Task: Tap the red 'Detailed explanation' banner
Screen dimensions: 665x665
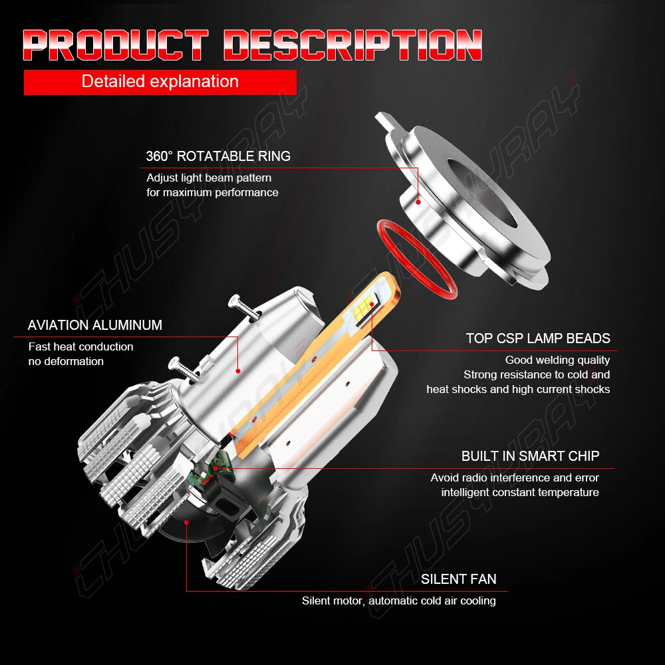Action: pos(160,82)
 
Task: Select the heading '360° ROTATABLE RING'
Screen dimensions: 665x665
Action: pos(218,157)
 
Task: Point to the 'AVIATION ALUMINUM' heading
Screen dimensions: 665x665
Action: pos(95,325)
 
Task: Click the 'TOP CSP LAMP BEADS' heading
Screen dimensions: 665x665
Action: pos(538,338)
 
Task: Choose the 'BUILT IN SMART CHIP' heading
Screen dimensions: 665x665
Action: pos(530,456)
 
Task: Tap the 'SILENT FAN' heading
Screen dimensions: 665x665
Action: pos(458,579)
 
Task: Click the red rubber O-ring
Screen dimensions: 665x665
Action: pos(417,256)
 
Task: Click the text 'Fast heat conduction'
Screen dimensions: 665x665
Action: pos(80,346)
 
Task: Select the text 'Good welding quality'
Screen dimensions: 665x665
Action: pos(557,360)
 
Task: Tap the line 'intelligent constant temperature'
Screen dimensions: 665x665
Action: pos(519,493)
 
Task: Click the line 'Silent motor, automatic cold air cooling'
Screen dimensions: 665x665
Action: pos(398,600)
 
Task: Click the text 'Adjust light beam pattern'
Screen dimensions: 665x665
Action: pos(209,178)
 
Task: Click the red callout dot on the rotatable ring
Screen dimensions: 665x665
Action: pos(418,199)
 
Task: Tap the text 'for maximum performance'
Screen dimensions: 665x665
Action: pos(212,192)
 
